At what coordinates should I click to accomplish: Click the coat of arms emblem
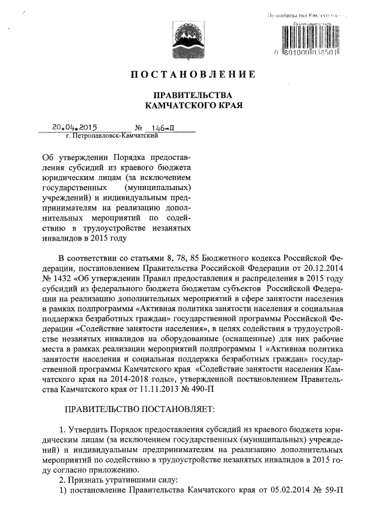tap(185, 37)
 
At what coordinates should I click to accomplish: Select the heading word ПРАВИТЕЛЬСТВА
tap(192, 95)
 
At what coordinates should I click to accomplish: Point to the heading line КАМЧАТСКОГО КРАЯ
tap(192, 106)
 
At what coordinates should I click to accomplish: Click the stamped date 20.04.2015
tap(74, 126)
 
